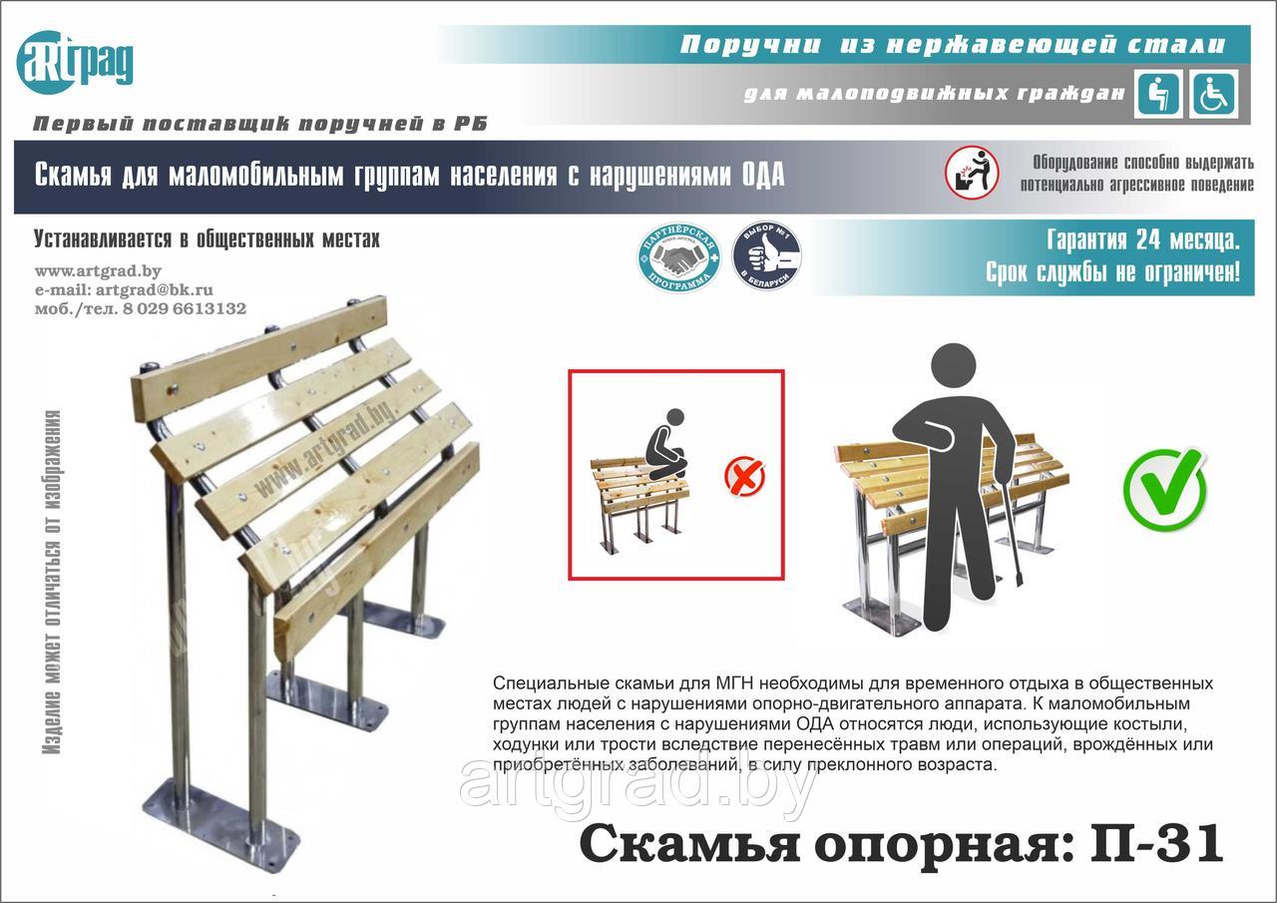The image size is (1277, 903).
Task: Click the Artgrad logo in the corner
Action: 75,62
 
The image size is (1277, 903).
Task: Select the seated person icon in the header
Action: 1159,95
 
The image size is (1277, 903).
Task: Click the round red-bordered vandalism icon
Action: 972,173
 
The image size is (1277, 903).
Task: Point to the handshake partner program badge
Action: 678,257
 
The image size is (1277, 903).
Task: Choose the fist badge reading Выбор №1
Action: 766,257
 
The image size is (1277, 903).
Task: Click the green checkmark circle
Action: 1164,489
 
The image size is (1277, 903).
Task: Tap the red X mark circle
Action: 744,476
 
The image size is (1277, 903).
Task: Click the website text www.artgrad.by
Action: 98,270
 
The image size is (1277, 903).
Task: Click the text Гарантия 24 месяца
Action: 1143,240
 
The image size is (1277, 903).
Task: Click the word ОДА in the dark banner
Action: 763,176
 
